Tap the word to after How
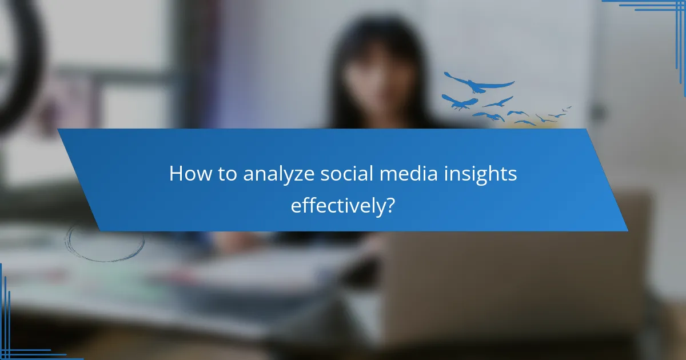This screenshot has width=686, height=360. tap(227, 175)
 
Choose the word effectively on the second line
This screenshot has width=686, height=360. tap(336, 205)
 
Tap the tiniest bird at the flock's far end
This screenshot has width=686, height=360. tap(568, 107)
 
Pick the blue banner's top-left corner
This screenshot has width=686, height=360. tap(58, 130)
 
